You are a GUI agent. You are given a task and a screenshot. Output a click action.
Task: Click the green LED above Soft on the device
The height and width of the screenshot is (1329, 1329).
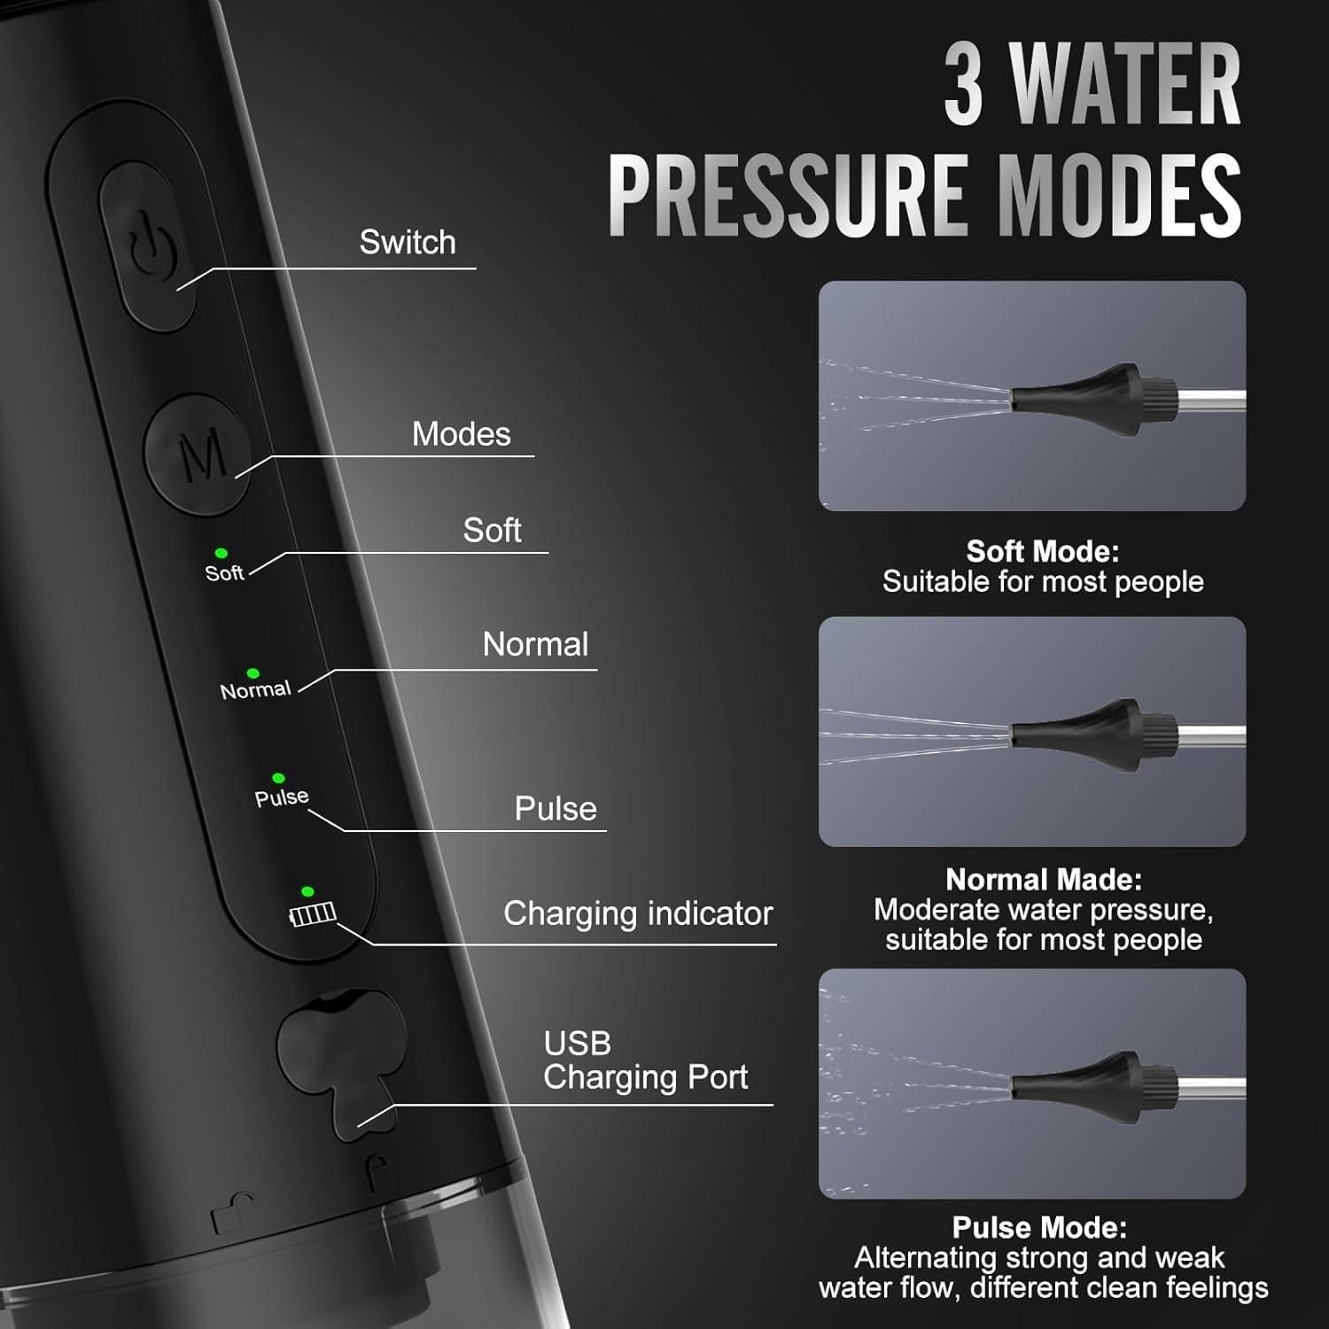pos(221,553)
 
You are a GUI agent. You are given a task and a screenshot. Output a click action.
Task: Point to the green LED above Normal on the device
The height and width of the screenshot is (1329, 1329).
pos(253,673)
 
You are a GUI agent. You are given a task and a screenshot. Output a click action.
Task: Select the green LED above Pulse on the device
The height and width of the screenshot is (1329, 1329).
pos(278,778)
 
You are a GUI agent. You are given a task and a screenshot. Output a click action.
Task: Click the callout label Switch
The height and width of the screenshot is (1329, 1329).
pos(408,242)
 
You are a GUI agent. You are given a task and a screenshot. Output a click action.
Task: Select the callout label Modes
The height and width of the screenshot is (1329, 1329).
pos(462,434)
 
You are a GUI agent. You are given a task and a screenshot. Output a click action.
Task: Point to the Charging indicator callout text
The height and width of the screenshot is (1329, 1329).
pos(638,913)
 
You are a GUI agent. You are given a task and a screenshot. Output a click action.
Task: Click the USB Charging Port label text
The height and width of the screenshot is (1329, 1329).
pos(645,1061)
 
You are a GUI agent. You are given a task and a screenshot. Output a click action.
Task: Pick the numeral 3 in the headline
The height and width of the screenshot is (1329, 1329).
pos(964,85)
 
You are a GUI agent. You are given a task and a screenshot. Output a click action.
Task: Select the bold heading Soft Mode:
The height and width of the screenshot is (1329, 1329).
pos(1043,551)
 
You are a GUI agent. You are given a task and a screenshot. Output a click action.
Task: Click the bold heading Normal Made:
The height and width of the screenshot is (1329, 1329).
pos(1044,879)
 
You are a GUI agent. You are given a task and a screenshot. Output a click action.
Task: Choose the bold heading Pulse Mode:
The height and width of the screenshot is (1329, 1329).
pos(1039,1227)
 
